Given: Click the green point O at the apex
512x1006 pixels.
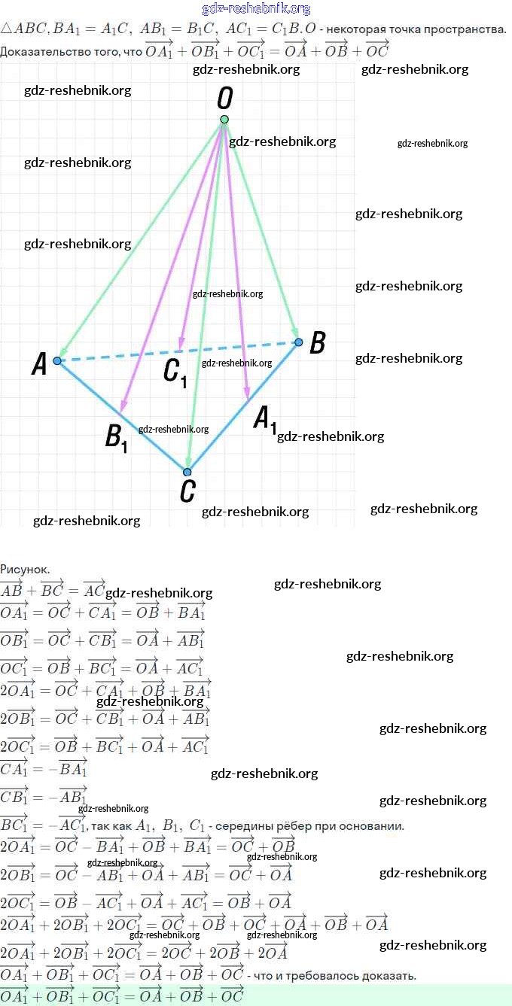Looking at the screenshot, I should [224, 120].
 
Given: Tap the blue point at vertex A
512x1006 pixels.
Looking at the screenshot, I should [57, 361].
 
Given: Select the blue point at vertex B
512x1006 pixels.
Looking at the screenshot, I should [299, 342].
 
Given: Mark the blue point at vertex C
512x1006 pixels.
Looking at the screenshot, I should [187, 473].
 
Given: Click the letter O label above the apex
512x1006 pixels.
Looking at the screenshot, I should [224, 98].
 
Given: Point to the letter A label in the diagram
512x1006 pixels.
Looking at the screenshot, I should [40, 365].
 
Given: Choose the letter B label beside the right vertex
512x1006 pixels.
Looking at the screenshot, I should [318, 344].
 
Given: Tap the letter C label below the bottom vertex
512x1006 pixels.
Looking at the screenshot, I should [188, 491].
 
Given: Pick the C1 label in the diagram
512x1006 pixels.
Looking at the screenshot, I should [175, 372].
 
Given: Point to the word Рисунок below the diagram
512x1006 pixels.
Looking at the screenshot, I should [25, 570].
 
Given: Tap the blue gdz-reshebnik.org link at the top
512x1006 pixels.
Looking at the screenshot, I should [256, 9].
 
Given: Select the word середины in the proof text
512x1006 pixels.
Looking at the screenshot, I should [242, 826].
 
